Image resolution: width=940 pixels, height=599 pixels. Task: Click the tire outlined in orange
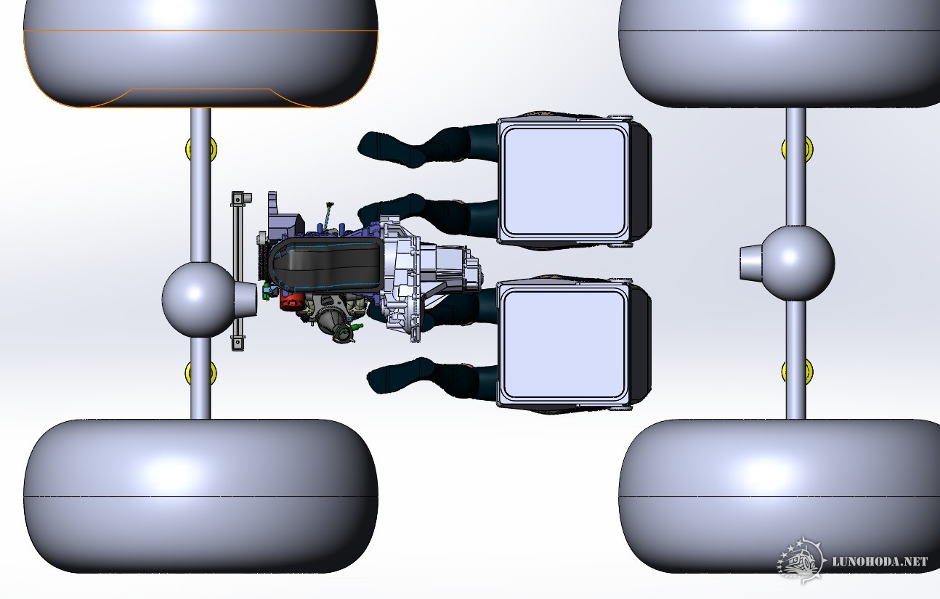point(200,54)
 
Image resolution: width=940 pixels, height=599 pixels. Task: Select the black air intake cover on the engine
point(325,266)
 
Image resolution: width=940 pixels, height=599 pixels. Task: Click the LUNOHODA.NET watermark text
point(880,561)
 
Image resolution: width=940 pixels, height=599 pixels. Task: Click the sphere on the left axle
point(198,299)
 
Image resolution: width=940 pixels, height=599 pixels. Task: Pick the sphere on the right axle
point(798,263)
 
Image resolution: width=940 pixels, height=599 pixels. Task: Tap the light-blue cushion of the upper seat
point(564,182)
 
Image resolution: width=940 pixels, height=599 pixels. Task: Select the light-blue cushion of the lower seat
point(564,344)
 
